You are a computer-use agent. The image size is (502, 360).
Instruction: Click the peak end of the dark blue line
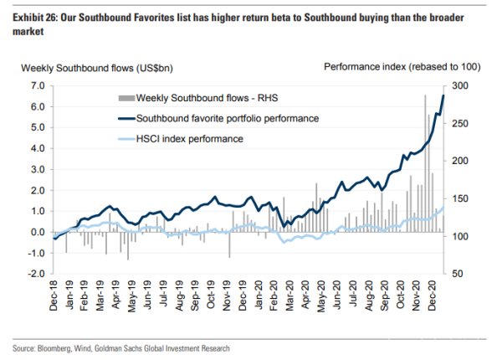coord(443,95)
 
